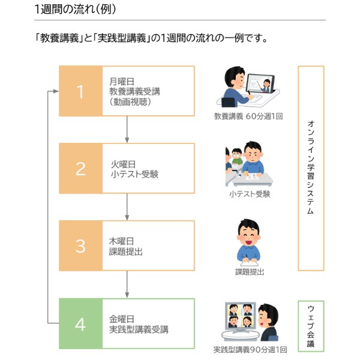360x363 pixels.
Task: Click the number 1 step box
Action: coord(80,91)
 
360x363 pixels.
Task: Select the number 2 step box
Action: coord(80,169)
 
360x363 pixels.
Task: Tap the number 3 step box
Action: coord(80,245)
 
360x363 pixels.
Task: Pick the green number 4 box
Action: coord(80,323)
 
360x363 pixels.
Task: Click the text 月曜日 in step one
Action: coord(122,81)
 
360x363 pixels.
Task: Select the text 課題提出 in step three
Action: coord(126,251)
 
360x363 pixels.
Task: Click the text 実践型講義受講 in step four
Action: coord(139,329)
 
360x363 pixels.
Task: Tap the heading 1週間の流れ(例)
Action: coord(76,9)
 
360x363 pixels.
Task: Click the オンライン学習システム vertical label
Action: coord(311,168)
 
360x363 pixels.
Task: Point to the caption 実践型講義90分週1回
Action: coord(250,349)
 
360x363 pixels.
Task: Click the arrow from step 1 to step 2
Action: coord(127,129)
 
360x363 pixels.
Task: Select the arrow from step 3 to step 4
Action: coord(127,284)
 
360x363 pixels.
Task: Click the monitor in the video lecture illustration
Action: coord(260,84)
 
